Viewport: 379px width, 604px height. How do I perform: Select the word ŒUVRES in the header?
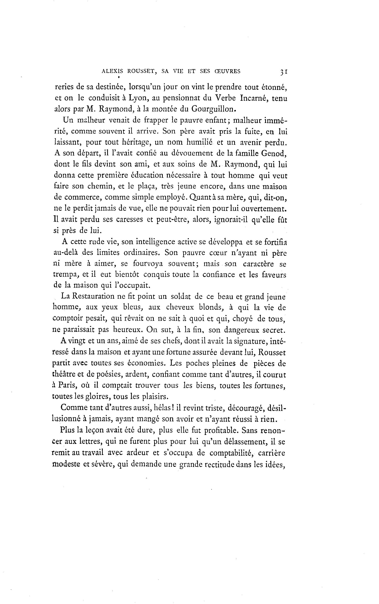tap(228, 72)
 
